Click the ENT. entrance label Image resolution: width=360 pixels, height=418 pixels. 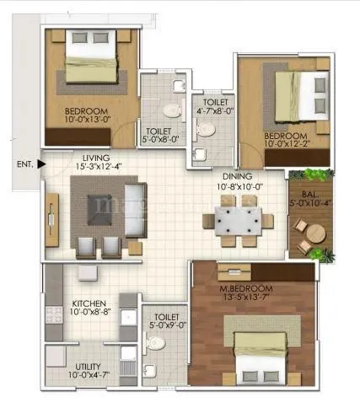24,165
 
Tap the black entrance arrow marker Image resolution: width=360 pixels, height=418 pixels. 40,165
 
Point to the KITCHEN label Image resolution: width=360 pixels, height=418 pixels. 89,303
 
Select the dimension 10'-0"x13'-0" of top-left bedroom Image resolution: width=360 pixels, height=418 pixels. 86,120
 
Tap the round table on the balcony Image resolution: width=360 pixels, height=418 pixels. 310,230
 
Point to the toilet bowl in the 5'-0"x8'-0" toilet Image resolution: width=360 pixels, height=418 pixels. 172,109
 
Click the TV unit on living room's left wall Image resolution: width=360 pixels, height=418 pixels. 52,219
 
